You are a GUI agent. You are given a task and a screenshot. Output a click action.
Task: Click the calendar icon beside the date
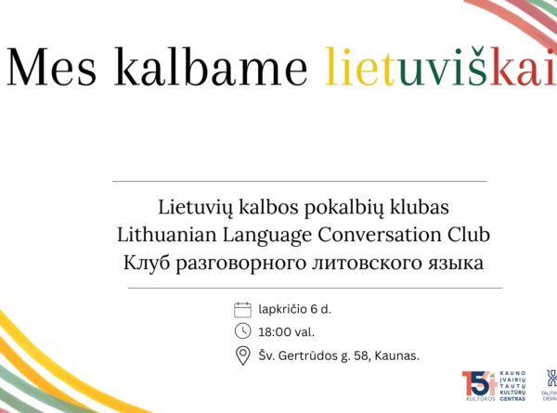(243, 309)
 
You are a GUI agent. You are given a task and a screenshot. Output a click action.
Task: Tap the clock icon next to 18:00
(243, 331)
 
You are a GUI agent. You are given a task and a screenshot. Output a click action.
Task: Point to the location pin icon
(243, 355)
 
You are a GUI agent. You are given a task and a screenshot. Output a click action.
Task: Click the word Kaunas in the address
(399, 355)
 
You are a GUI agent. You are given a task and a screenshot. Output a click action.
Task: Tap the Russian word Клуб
(147, 263)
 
